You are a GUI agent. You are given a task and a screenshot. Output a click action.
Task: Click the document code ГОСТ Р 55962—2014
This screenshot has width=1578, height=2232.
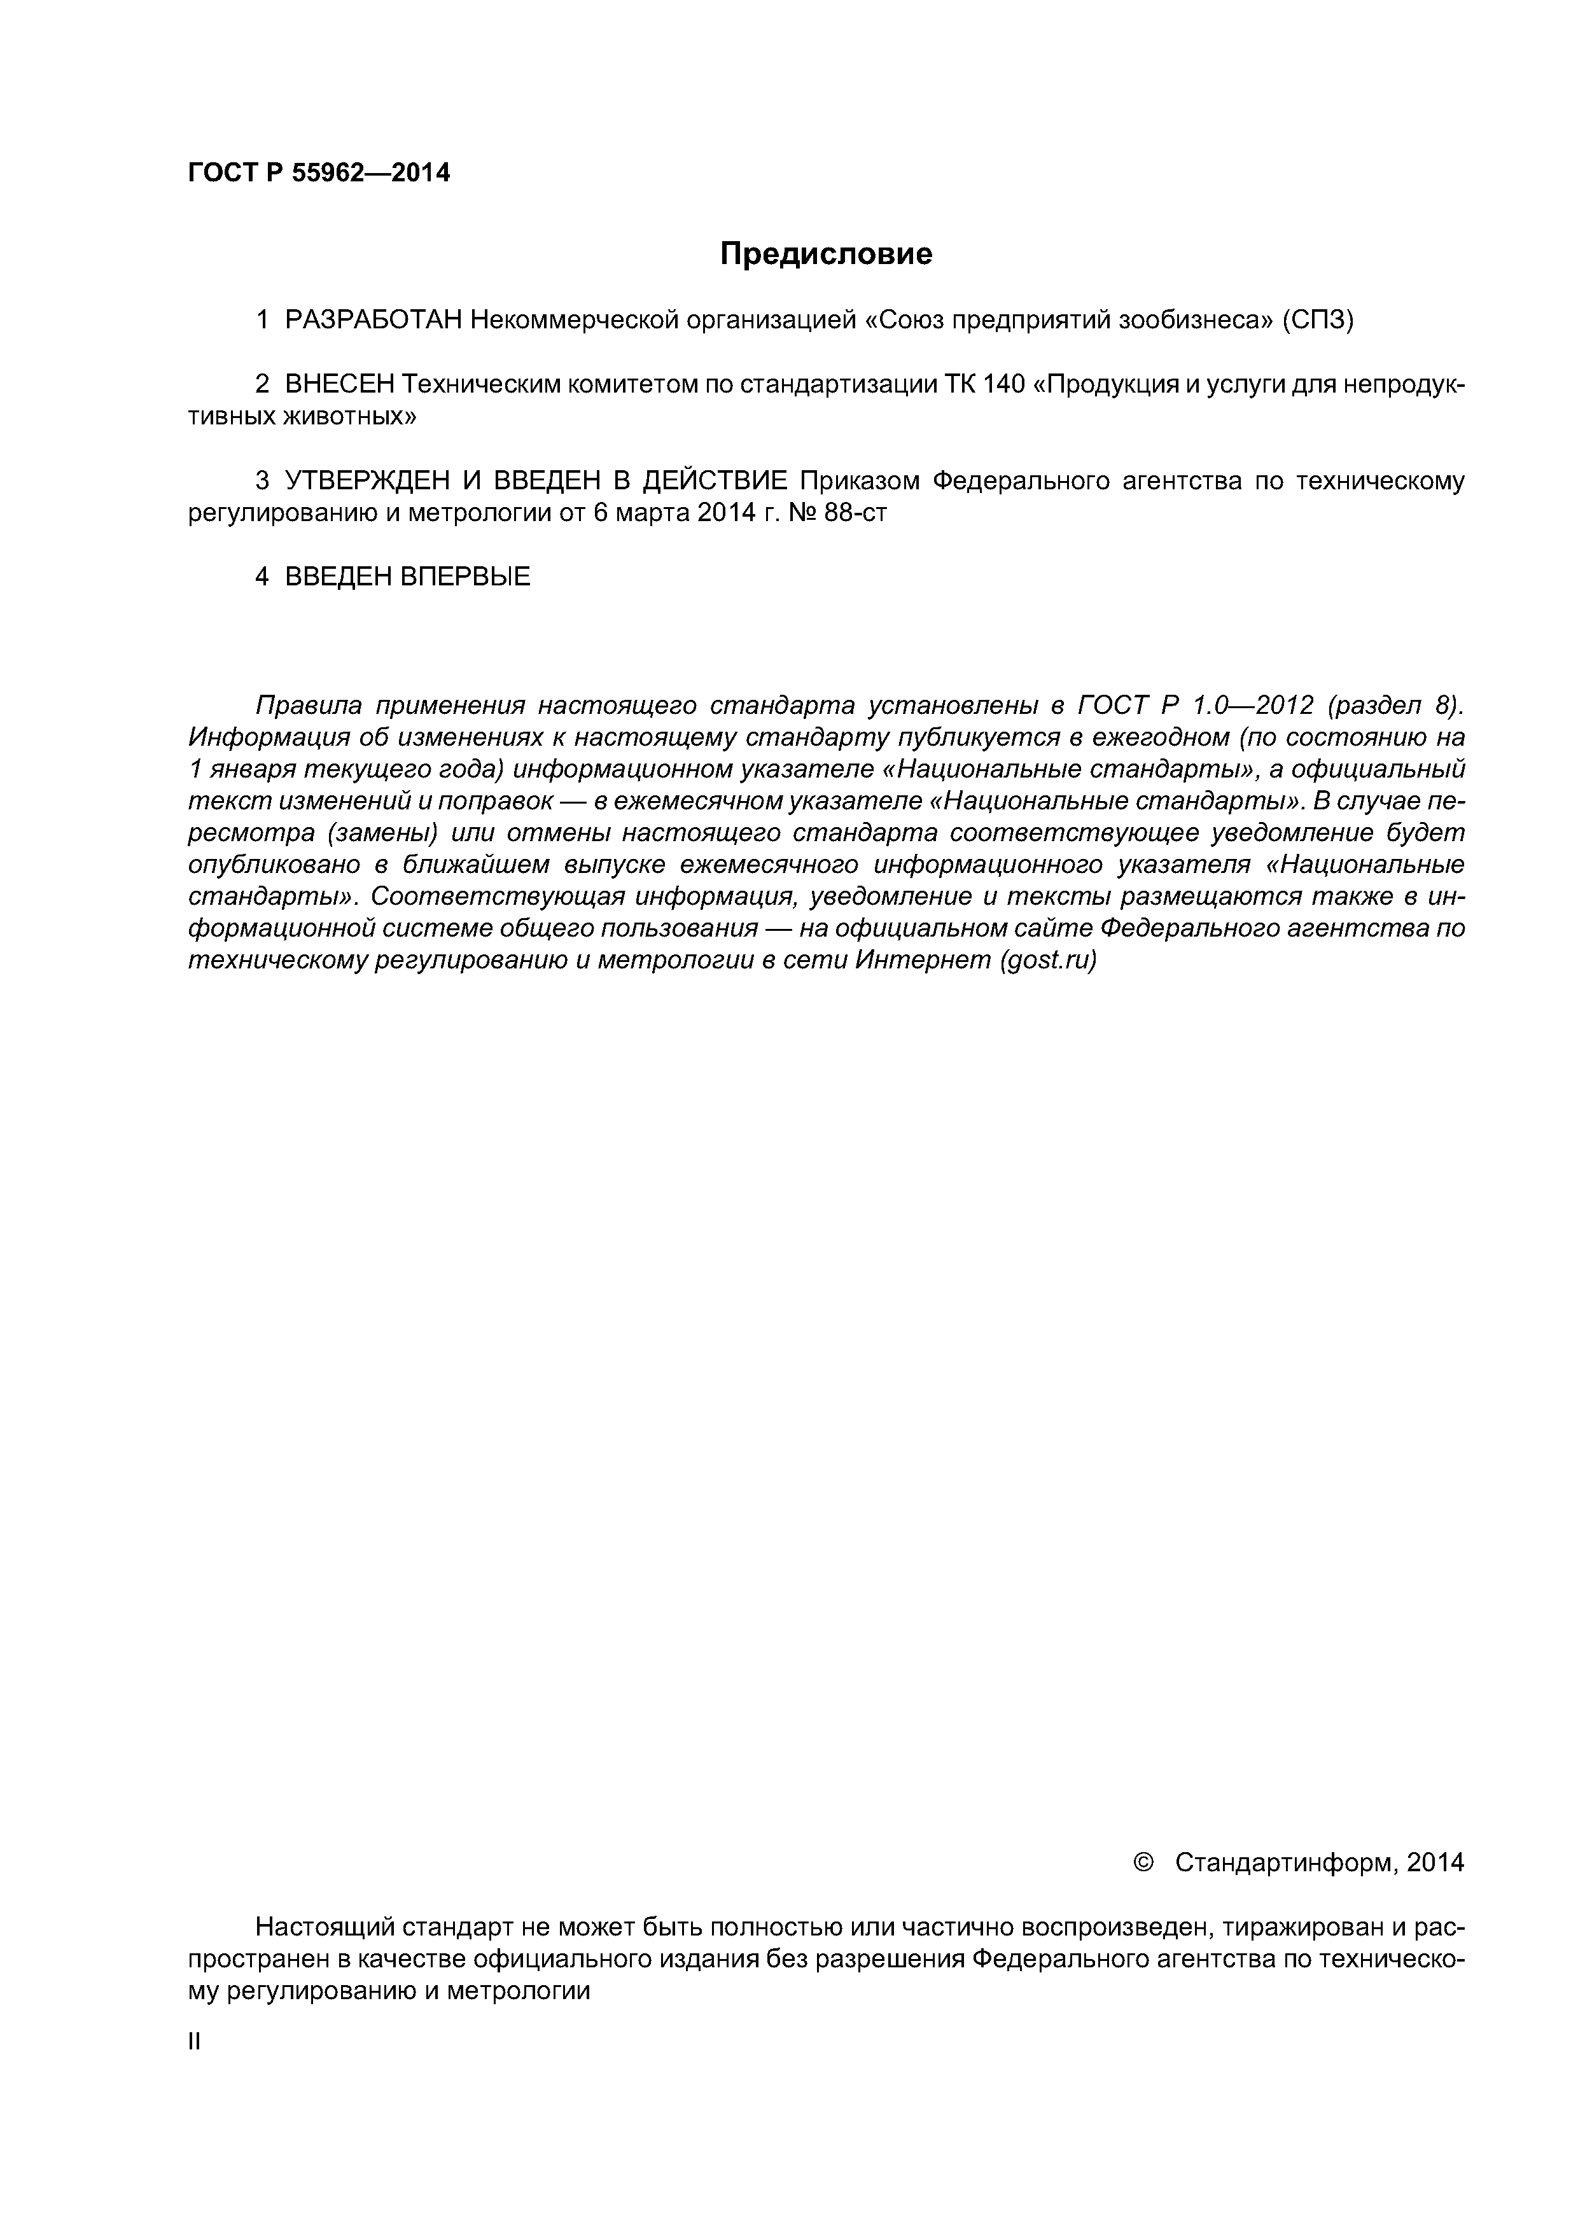pos(319,173)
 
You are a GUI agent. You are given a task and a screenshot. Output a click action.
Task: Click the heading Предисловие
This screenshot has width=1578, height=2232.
pos(825,254)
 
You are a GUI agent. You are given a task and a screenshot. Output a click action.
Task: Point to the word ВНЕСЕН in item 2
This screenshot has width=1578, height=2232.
pos(339,385)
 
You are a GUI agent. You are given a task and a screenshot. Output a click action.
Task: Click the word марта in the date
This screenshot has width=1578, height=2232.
pos(652,512)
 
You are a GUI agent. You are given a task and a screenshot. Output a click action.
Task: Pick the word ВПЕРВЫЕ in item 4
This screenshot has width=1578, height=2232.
pos(466,576)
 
